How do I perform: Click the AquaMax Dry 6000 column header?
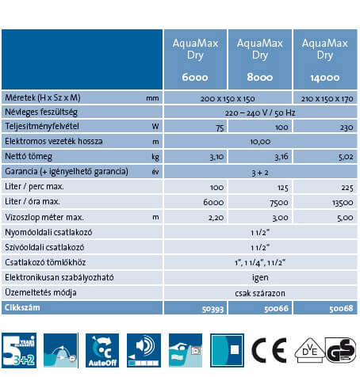(194, 59)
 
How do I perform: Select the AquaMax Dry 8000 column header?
(259, 59)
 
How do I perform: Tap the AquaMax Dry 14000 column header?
(324, 59)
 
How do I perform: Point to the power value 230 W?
(324, 126)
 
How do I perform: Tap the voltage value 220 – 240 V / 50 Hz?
(259, 112)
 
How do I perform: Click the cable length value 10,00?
(259, 141)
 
